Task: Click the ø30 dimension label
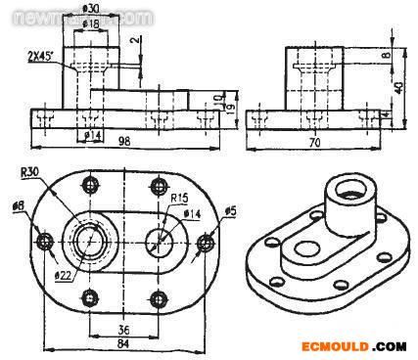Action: tap(90, 9)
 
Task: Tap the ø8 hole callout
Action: tap(17, 208)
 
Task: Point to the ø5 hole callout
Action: tap(230, 210)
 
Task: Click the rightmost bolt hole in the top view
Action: tap(206, 242)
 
